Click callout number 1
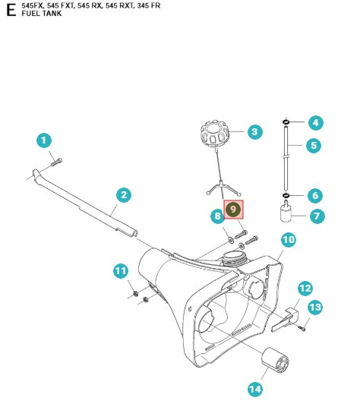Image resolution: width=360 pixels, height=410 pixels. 44,140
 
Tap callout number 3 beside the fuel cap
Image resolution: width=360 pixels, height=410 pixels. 254,132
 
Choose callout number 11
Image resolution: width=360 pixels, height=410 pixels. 120,271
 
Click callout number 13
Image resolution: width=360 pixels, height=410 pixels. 314,307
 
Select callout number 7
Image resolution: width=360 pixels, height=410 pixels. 316,216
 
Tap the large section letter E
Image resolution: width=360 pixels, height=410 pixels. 10,12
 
